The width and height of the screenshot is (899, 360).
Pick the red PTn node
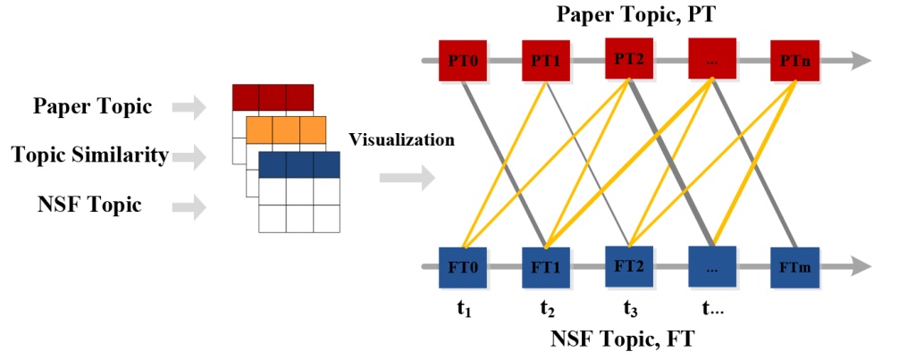click(x=794, y=61)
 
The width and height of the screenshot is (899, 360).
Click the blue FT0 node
click(x=461, y=266)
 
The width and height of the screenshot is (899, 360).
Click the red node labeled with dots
click(x=711, y=59)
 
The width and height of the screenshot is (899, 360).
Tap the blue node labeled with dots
click(x=711, y=266)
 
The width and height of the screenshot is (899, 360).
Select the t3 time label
click(x=631, y=311)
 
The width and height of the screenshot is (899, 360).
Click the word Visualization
click(x=401, y=139)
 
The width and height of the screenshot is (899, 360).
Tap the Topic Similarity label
click(x=90, y=155)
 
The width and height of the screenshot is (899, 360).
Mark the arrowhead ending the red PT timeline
click(x=860, y=61)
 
